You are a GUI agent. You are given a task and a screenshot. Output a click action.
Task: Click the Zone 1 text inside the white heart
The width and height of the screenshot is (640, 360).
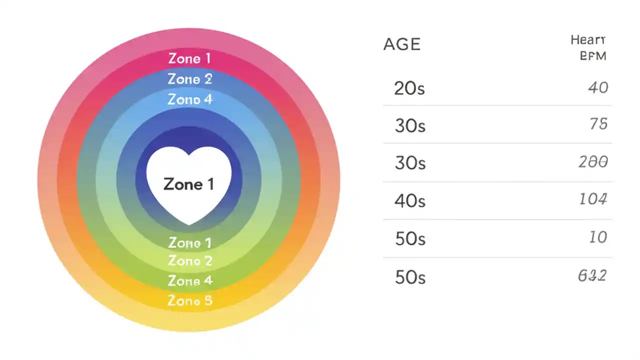pyautogui.click(x=189, y=184)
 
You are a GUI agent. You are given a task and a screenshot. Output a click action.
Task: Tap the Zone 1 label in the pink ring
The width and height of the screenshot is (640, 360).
pyautogui.click(x=189, y=59)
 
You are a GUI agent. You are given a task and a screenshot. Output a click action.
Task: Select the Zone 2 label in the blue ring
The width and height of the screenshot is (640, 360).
pyautogui.click(x=190, y=79)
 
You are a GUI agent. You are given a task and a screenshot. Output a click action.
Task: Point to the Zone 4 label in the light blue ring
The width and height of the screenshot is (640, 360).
pyautogui.click(x=190, y=99)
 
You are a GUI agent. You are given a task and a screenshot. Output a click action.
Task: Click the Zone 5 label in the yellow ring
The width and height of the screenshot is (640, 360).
pyautogui.click(x=190, y=301)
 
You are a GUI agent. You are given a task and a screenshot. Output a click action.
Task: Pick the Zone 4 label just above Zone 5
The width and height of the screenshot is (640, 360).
pyautogui.click(x=190, y=281)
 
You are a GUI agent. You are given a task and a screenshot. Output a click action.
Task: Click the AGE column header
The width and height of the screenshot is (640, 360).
pyautogui.click(x=402, y=44)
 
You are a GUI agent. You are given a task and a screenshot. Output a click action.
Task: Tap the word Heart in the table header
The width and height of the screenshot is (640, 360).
pyautogui.click(x=588, y=40)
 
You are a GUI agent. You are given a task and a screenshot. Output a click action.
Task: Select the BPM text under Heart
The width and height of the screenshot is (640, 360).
pyautogui.click(x=593, y=56)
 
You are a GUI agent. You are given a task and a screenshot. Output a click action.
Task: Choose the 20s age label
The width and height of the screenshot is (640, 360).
pyautogui.click(x=409, y=88)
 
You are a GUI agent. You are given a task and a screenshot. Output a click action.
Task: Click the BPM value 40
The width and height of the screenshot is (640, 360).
pyautogui.click(x=598, y=88)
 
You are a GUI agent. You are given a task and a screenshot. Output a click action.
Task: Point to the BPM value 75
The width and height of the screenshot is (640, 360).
pyautogui.click(x=598, y=123)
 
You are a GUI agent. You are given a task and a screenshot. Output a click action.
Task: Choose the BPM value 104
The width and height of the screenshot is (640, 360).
pyautogui.click(x=593, y=199)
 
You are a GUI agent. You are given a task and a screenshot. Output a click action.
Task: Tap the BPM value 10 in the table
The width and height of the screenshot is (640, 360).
pyautogui.click(x=598, y=237)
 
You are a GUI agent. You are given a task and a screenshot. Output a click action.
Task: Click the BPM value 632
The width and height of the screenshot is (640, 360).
pyautogui.click(x=592, y=275)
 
